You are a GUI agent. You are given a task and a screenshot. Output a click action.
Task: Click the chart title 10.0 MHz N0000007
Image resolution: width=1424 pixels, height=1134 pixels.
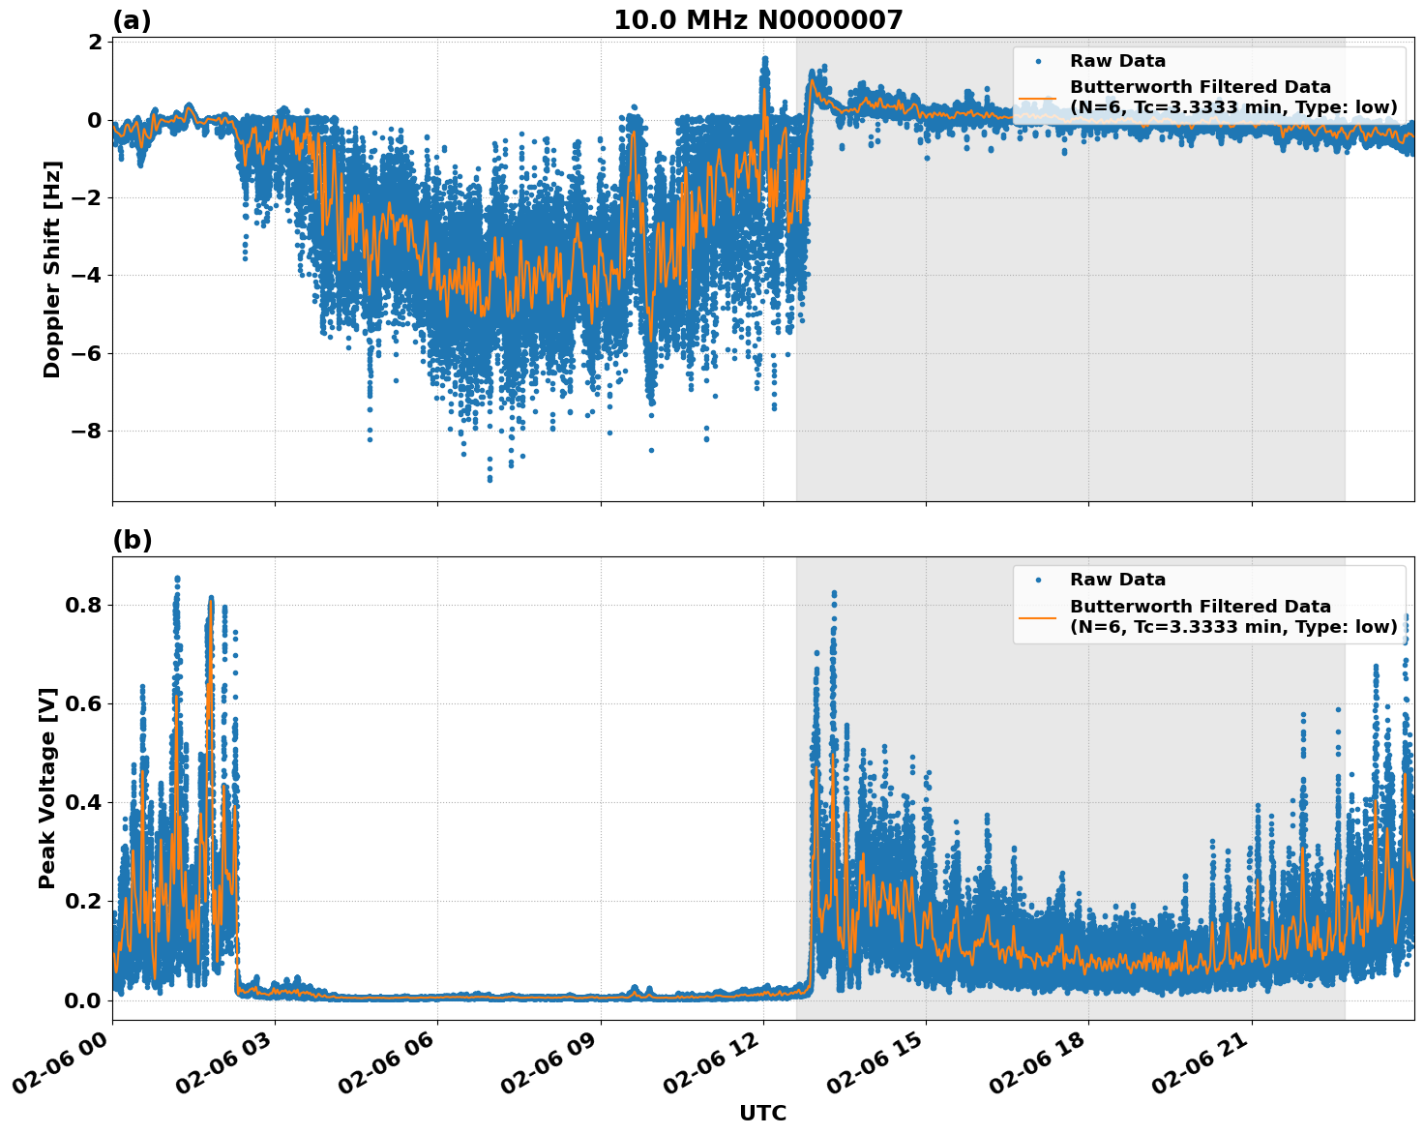(x=758, y=20)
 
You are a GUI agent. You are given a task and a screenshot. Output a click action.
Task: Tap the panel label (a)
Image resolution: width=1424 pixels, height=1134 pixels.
(x=132, y=20)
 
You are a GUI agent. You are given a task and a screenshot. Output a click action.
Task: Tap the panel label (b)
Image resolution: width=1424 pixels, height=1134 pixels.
(x=132, y=540)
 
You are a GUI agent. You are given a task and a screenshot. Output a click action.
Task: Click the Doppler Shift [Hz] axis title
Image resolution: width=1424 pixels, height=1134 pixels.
(x=52, y=269)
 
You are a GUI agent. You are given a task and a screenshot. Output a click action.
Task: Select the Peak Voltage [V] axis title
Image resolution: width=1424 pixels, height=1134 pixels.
(x=47, y=788)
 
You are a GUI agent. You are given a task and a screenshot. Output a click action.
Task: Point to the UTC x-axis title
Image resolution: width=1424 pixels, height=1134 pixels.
(x=762, y=1113)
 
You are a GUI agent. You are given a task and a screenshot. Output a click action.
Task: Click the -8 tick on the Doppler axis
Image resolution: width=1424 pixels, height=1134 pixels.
(x=89, y=431)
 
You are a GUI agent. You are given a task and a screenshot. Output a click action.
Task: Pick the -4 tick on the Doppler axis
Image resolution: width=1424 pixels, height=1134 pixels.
(x=89, y=276)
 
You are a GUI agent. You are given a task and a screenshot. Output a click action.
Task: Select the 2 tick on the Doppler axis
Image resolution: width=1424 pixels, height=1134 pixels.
(x=95, y=43)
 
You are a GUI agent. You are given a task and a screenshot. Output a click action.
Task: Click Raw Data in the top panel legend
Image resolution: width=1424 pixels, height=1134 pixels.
(x=1117, y=61)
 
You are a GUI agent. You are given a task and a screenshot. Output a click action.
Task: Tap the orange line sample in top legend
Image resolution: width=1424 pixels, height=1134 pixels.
(x=1038, y=98)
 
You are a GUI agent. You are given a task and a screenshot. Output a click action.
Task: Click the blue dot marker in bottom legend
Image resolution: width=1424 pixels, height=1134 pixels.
(x=1038, y=580)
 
